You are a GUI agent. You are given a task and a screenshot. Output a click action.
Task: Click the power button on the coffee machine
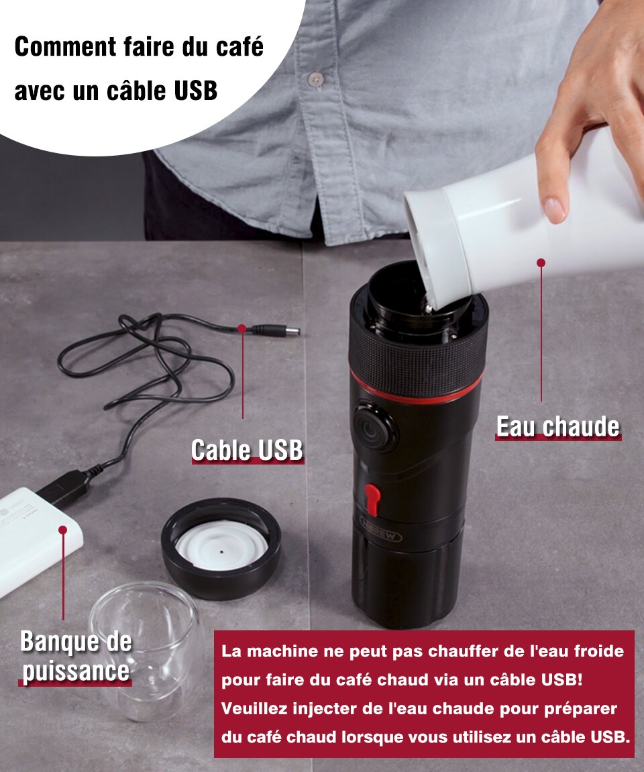(x=374, y=427)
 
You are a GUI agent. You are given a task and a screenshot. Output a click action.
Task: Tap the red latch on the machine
(x=372, y=499)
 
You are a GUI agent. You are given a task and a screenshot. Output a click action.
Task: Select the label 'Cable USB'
(x=247, y=450)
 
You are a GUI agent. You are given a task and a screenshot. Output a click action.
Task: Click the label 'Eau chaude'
(x=558, y=426)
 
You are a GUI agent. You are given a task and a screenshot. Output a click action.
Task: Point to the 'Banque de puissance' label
(x=76, y=657)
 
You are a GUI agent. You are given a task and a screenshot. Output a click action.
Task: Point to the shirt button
(x=315, y=79)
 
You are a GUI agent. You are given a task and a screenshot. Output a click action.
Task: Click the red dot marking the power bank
(x=62, y=530)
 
